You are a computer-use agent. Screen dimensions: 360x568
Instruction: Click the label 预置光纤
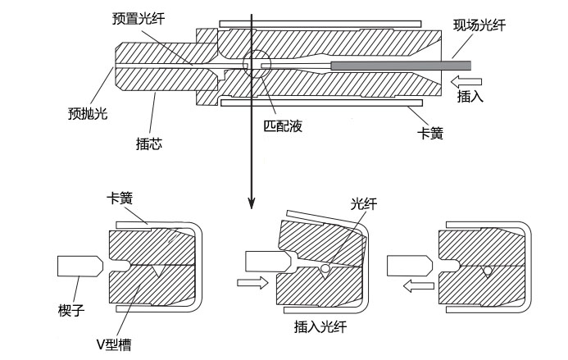pos(139,19)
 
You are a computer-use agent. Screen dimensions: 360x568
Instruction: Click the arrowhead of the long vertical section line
pos(251,205)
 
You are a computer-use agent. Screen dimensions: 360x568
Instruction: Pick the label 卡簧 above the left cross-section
pos(120,198)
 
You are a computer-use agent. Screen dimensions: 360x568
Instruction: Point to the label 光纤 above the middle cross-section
pos(363,205)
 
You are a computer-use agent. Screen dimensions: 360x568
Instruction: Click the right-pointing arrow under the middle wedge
pos(250,284)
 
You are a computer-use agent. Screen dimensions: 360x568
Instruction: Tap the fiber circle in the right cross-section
pos(488,270)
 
